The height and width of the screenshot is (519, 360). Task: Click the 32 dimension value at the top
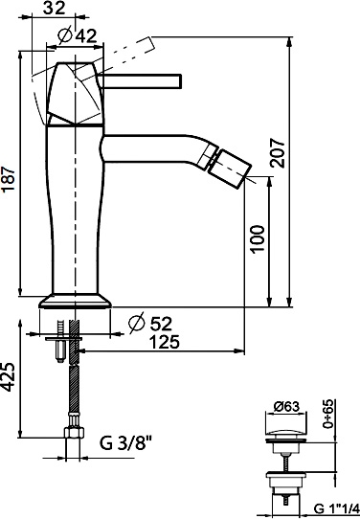pos(55,8)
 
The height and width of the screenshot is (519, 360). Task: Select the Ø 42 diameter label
pos(77,35)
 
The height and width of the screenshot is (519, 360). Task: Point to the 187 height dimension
pos(9,179)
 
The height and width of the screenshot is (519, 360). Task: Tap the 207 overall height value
pos(277,153)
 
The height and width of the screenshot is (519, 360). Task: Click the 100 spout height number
pos(258,239)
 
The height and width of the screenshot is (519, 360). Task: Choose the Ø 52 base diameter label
pos(150,324)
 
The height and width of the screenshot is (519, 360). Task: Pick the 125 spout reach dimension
pos(165,342)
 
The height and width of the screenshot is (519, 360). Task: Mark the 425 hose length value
pos(8,377)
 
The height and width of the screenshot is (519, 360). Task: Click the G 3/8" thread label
pos(125,443)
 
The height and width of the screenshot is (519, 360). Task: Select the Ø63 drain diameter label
pos(287,406)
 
